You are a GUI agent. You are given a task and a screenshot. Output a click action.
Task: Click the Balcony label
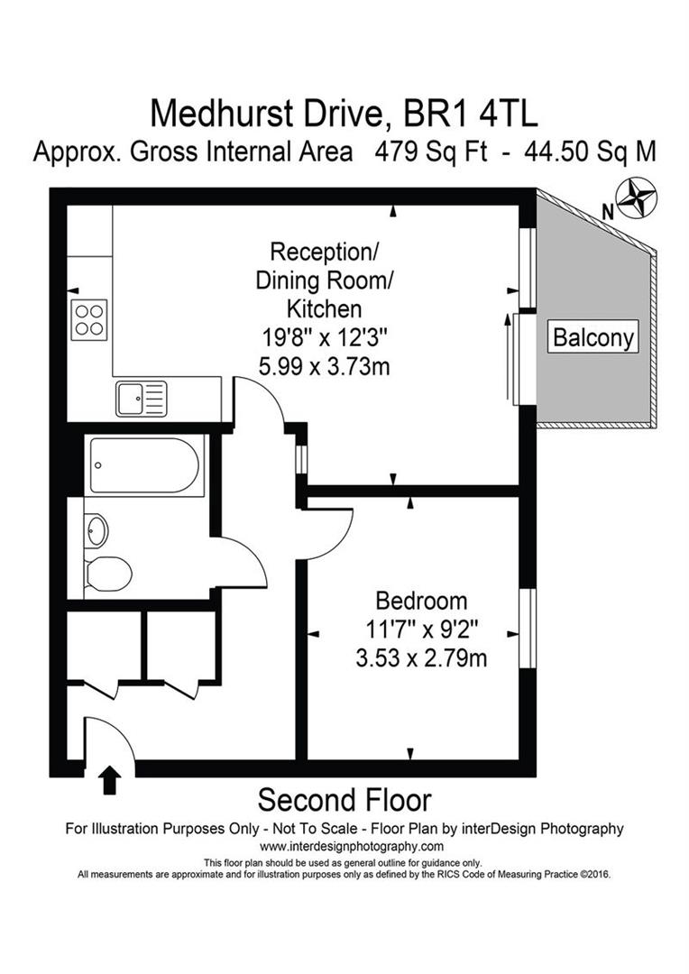click(x=593, y=338)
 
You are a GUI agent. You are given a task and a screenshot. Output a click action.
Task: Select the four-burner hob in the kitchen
click(x=89, y=318)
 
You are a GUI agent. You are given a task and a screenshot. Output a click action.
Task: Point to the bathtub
click(x=144, y=465)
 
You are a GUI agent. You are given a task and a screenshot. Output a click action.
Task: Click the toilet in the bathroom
click(x=108, y=572)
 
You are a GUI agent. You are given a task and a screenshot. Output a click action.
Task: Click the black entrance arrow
click(x=110, y=779)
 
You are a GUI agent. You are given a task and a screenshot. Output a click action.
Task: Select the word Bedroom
click(x=421, y=601)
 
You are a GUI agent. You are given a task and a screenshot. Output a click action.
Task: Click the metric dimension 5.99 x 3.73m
click(x=323, y=367)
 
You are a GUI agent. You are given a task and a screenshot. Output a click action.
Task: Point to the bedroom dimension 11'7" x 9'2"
click(x=421, y=629)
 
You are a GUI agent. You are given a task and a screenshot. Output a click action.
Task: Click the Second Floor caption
click(x=344, y=800)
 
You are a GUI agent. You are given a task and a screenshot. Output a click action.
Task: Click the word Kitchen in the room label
click(x=323, y=308)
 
